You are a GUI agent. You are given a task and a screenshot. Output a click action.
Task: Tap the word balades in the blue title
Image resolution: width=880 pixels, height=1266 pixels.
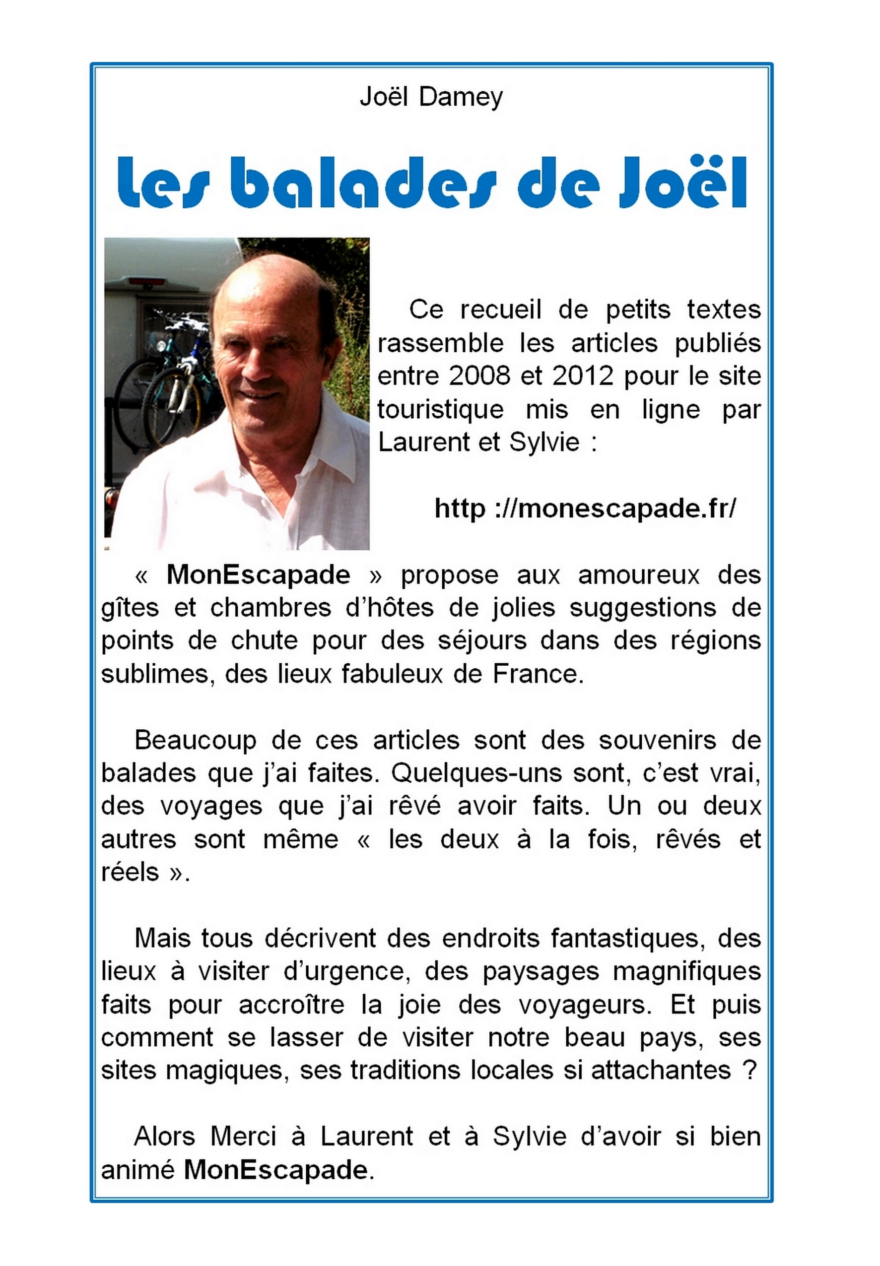click(360, 183)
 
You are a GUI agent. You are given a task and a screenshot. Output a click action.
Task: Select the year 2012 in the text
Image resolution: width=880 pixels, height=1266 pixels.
click(583, 377)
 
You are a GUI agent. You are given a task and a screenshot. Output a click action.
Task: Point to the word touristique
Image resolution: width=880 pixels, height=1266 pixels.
click(440, 410)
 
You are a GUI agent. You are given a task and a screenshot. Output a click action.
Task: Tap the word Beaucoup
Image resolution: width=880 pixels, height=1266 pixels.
click(195, 740)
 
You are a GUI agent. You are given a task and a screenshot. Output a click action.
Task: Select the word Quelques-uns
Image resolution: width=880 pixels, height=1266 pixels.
click(477, 773)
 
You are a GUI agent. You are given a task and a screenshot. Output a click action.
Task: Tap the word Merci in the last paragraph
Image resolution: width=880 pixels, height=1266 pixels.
click(243, 1137)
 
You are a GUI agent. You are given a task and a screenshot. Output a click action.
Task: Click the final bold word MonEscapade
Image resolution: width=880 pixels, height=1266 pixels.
click(275, 1170)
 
